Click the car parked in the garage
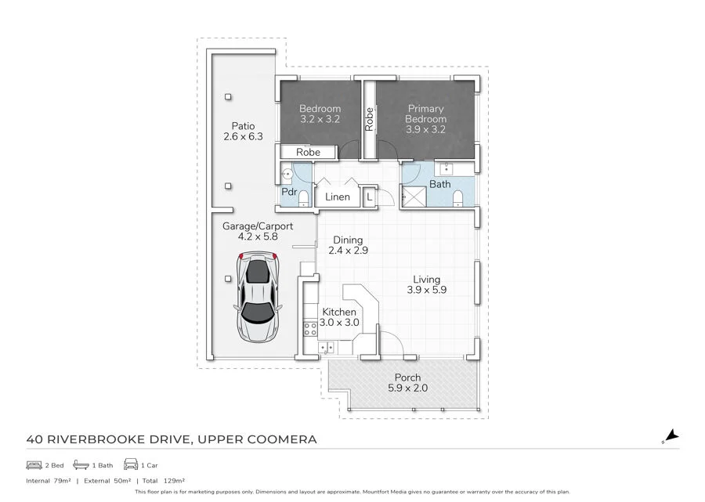pos(258,298)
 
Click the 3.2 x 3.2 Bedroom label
pos(320,114)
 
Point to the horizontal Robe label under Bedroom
pos(307,152)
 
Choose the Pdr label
pos(288,192)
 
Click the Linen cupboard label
pos(338,197)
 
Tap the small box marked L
pos(370,197)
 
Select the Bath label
pos(439,185)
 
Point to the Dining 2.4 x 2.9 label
pos(348,246)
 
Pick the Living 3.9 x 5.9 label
pos(427,284)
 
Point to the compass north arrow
pos(671,437)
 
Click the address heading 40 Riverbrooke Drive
pos(172,439)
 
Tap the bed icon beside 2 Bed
pos(34,464)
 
